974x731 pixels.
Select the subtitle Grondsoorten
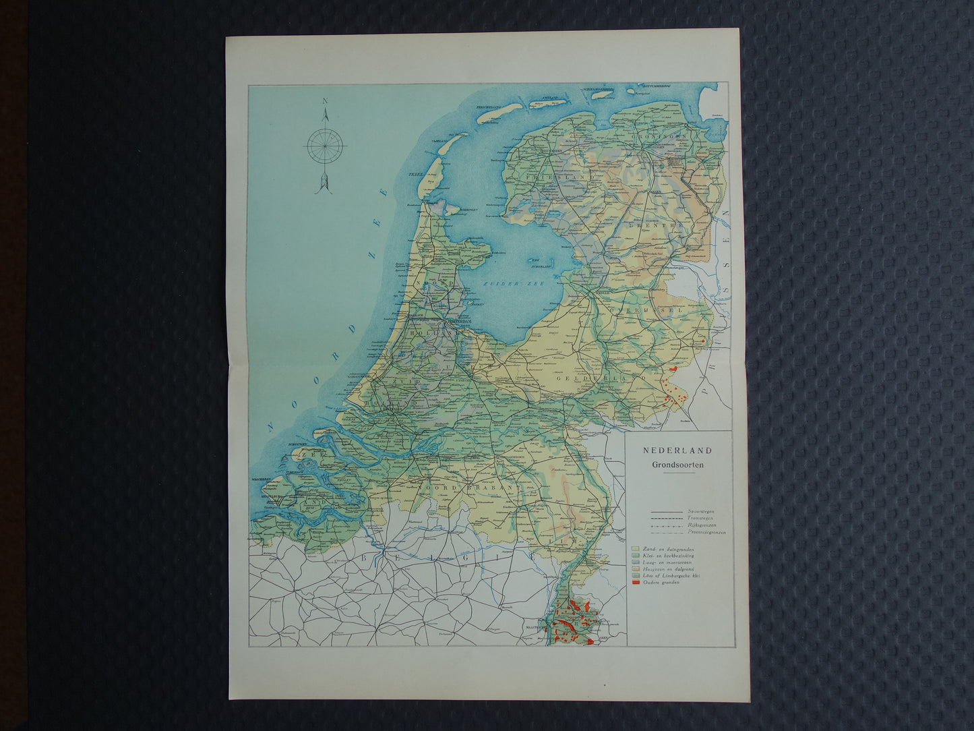[x=677, y=465]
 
